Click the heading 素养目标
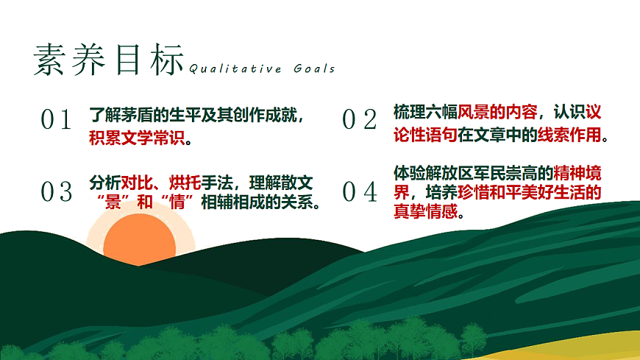tap(108, 59)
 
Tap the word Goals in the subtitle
tap(314, 69)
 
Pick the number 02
tap(360, 120)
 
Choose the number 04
tap(360, 193)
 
